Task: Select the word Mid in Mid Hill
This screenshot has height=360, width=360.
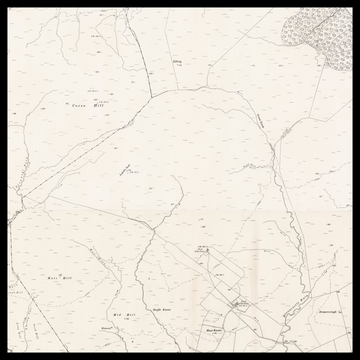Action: [116, 314]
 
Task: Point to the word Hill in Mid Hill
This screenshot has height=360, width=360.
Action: [129, 314]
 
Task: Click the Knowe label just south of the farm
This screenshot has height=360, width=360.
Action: [212, 326]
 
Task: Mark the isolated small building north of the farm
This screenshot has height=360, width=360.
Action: [203, 251]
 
